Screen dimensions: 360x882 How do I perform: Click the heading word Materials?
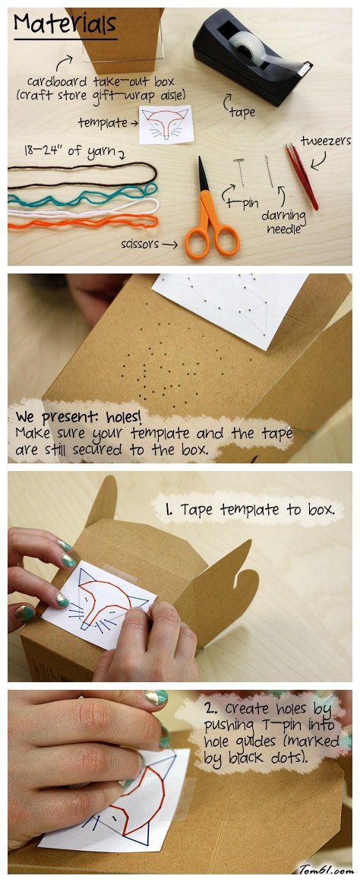click(65, 24)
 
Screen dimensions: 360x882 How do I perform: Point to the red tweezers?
click(302, 175)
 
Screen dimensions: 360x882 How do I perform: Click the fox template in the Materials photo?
click(166, 125)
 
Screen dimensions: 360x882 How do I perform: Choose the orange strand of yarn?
click(83, 221)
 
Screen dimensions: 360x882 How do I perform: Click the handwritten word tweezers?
click(325, 141)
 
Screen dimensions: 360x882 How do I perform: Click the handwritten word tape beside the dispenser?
click(242, 112)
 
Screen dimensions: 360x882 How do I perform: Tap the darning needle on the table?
click(270, 171)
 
